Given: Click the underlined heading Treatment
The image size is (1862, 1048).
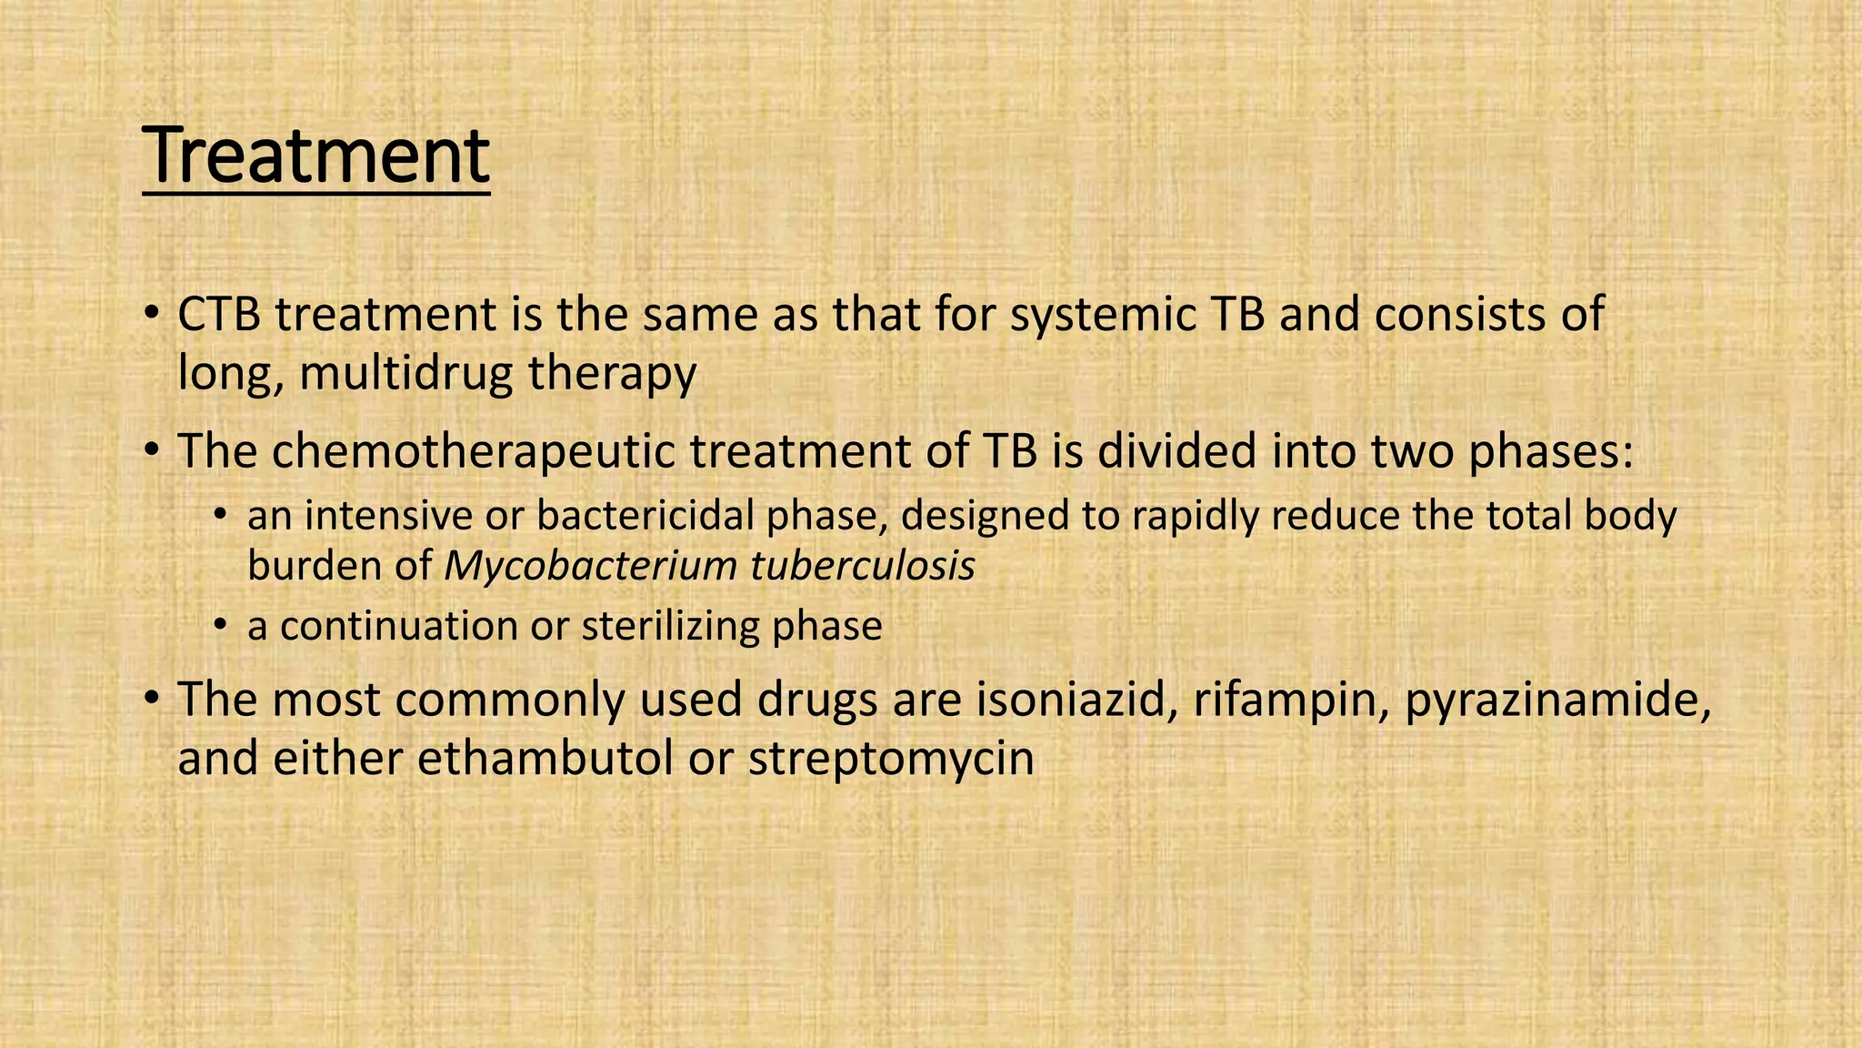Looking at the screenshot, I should [315, 156].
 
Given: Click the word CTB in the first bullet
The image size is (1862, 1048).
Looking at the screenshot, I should [219, 315].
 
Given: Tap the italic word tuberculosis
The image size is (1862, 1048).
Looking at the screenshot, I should [863, 566].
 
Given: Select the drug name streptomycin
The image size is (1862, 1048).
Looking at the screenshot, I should [891, 758].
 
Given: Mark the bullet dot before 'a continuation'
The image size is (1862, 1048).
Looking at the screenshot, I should [219, 627].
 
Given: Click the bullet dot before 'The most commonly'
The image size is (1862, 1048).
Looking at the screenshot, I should [151, 700].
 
